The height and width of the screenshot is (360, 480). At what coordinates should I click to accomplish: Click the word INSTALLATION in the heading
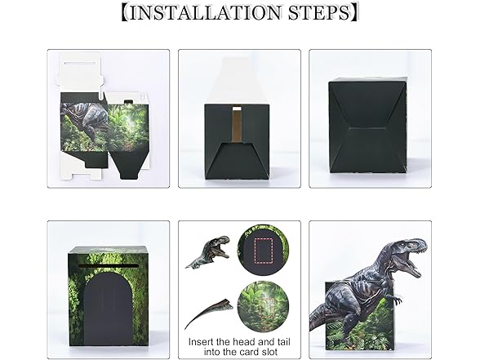coord(205,12)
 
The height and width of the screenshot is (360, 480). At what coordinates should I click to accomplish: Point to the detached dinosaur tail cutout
coord(208,312)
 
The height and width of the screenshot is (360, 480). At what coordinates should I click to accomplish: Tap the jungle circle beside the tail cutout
coord(263,307)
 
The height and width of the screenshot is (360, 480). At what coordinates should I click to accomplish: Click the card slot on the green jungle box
coord(108,265)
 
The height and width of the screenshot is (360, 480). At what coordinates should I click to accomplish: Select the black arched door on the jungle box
coord(108,310)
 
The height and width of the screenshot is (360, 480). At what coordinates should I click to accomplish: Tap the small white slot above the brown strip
coord(237,108)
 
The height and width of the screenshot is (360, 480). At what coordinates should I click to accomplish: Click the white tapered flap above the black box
coord(237,81)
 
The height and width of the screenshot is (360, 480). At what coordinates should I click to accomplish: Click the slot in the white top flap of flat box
coord(81,64)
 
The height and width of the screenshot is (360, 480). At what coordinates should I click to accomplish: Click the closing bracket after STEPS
coord(354,12)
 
